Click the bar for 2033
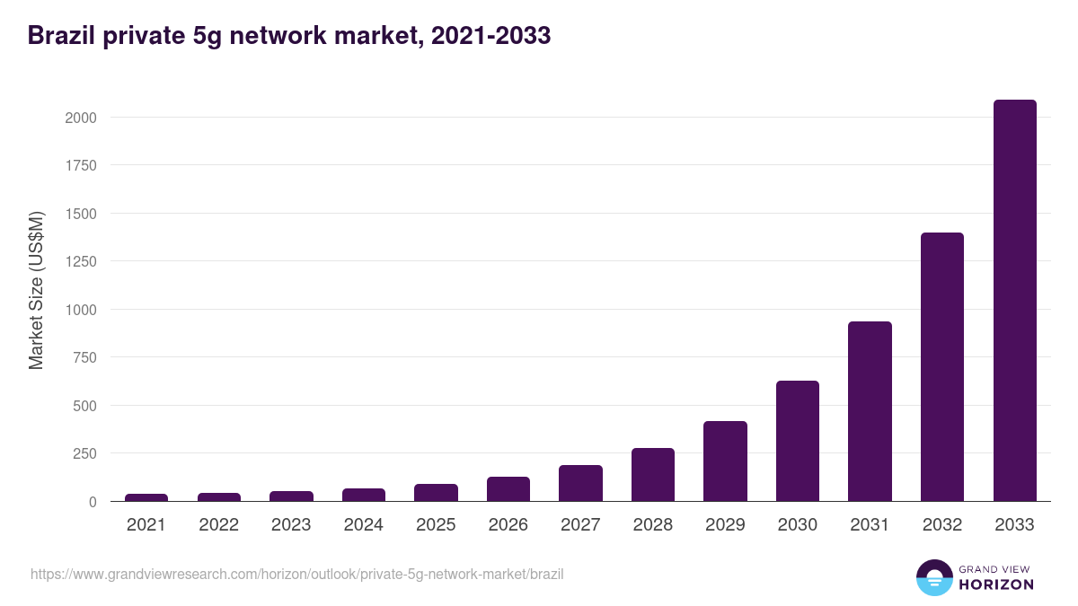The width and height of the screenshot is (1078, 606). pyautogui.click(x=1014, y=301)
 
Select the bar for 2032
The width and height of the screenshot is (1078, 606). pyautogui.click(x=942, y=366)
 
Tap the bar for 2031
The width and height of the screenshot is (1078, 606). pyautogui.click(x=870, y=411)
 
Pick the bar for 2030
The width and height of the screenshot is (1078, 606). pyautogui.click(x=798, y=441)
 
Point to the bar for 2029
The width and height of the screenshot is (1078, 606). pyautogui.click(x=725, y=461)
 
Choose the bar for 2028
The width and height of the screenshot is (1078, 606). pyautogui.click(x=653, y=474)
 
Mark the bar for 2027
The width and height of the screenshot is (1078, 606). pyautogui.click(x=580, y=483)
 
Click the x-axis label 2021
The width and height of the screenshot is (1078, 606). pyautogui.click(x=146, y=525)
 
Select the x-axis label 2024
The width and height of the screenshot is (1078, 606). pyautogui.click(x=363, y=525)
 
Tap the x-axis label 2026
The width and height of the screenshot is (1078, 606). pyautogui.click(x=508, y=525)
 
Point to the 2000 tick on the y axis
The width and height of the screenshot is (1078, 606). pyautogui.click(x=80, y=118)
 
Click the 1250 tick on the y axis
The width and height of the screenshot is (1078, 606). pyautogui.click(x=80, y=261)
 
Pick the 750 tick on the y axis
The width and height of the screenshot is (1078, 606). pyautogui.click(x=84, y=357)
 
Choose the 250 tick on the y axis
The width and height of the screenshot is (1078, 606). pyautogui.click(x=84, y=453)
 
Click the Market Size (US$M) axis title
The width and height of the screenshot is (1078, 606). pyautogui.click(x=36, y=290)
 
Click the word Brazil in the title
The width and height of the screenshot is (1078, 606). pyautogui.click(x=57, y=36)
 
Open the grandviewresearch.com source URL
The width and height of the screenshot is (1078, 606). pyautogui.click(x=297, y=574)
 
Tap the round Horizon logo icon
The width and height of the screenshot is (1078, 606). pyautogui.click(x=933, y=577)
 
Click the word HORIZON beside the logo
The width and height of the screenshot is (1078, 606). pyautogui.click(x=996, y=584)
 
